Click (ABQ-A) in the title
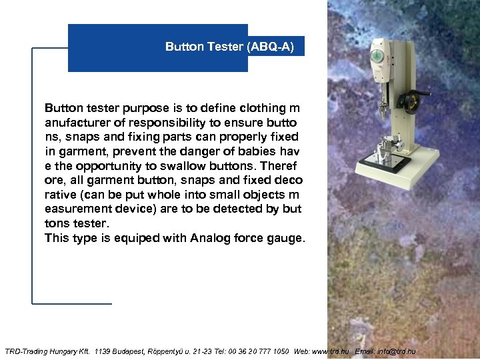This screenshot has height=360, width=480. pyautogui.click(x=270, y=47)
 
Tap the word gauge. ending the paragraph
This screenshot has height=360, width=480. pyautogui.click(x=287, y=238)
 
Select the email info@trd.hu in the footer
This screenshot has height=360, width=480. pyautogui.click(x=399, y=351)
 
